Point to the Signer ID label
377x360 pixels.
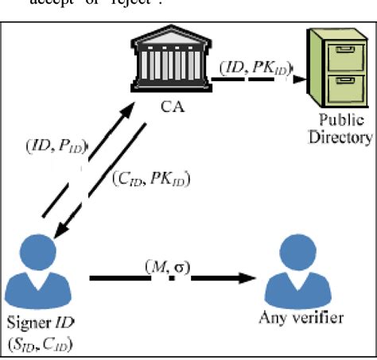pyautogui.click(x=40, y=323)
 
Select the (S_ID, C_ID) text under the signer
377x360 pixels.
pyautogui.click(x=41, y=342)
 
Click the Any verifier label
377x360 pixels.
pyautogui.click(x=301, y=319)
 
